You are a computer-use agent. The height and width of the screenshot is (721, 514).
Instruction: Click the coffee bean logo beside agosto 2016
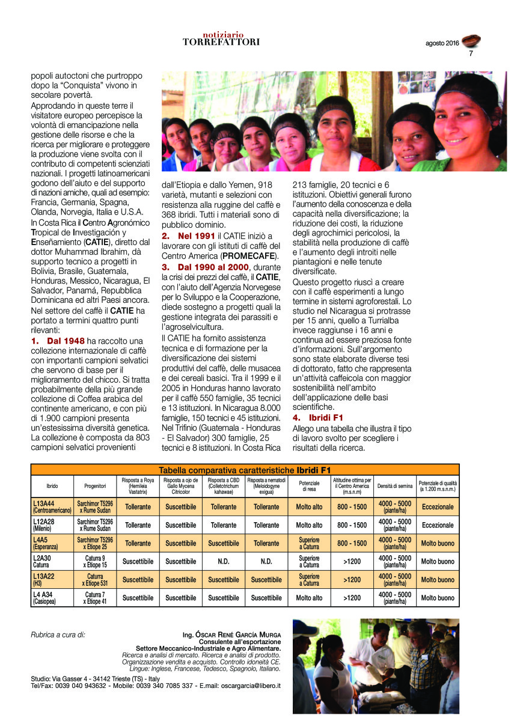coord(471,41)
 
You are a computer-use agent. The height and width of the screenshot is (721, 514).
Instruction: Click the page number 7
coord(471,53)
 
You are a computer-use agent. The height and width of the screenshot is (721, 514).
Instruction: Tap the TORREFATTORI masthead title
coord(221,42)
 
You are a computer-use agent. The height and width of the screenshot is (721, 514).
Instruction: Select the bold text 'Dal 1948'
coord(66,341)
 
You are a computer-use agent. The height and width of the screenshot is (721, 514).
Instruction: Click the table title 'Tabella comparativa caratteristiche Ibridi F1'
coord(245,470)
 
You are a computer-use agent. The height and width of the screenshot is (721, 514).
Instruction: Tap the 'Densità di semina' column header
coord(395,485)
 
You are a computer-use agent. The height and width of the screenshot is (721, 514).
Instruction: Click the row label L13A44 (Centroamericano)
coord(52,507)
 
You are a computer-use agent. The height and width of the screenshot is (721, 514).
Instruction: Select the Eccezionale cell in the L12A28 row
coord(438,525)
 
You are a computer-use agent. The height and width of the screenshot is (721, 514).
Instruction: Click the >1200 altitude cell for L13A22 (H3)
coord(352,580)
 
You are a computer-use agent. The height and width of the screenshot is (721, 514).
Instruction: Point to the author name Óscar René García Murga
coord(231,634)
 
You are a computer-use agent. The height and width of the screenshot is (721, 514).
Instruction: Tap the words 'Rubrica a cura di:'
coord(58,634)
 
